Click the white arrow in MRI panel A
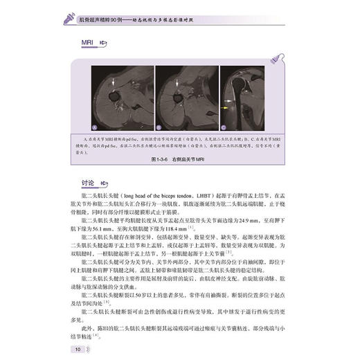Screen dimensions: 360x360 (x=114, y=82)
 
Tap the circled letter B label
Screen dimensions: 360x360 (x=157, y=127)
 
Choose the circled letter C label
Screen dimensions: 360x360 (x=224, y=127)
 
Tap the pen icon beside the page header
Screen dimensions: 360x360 (x=69, y=11)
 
